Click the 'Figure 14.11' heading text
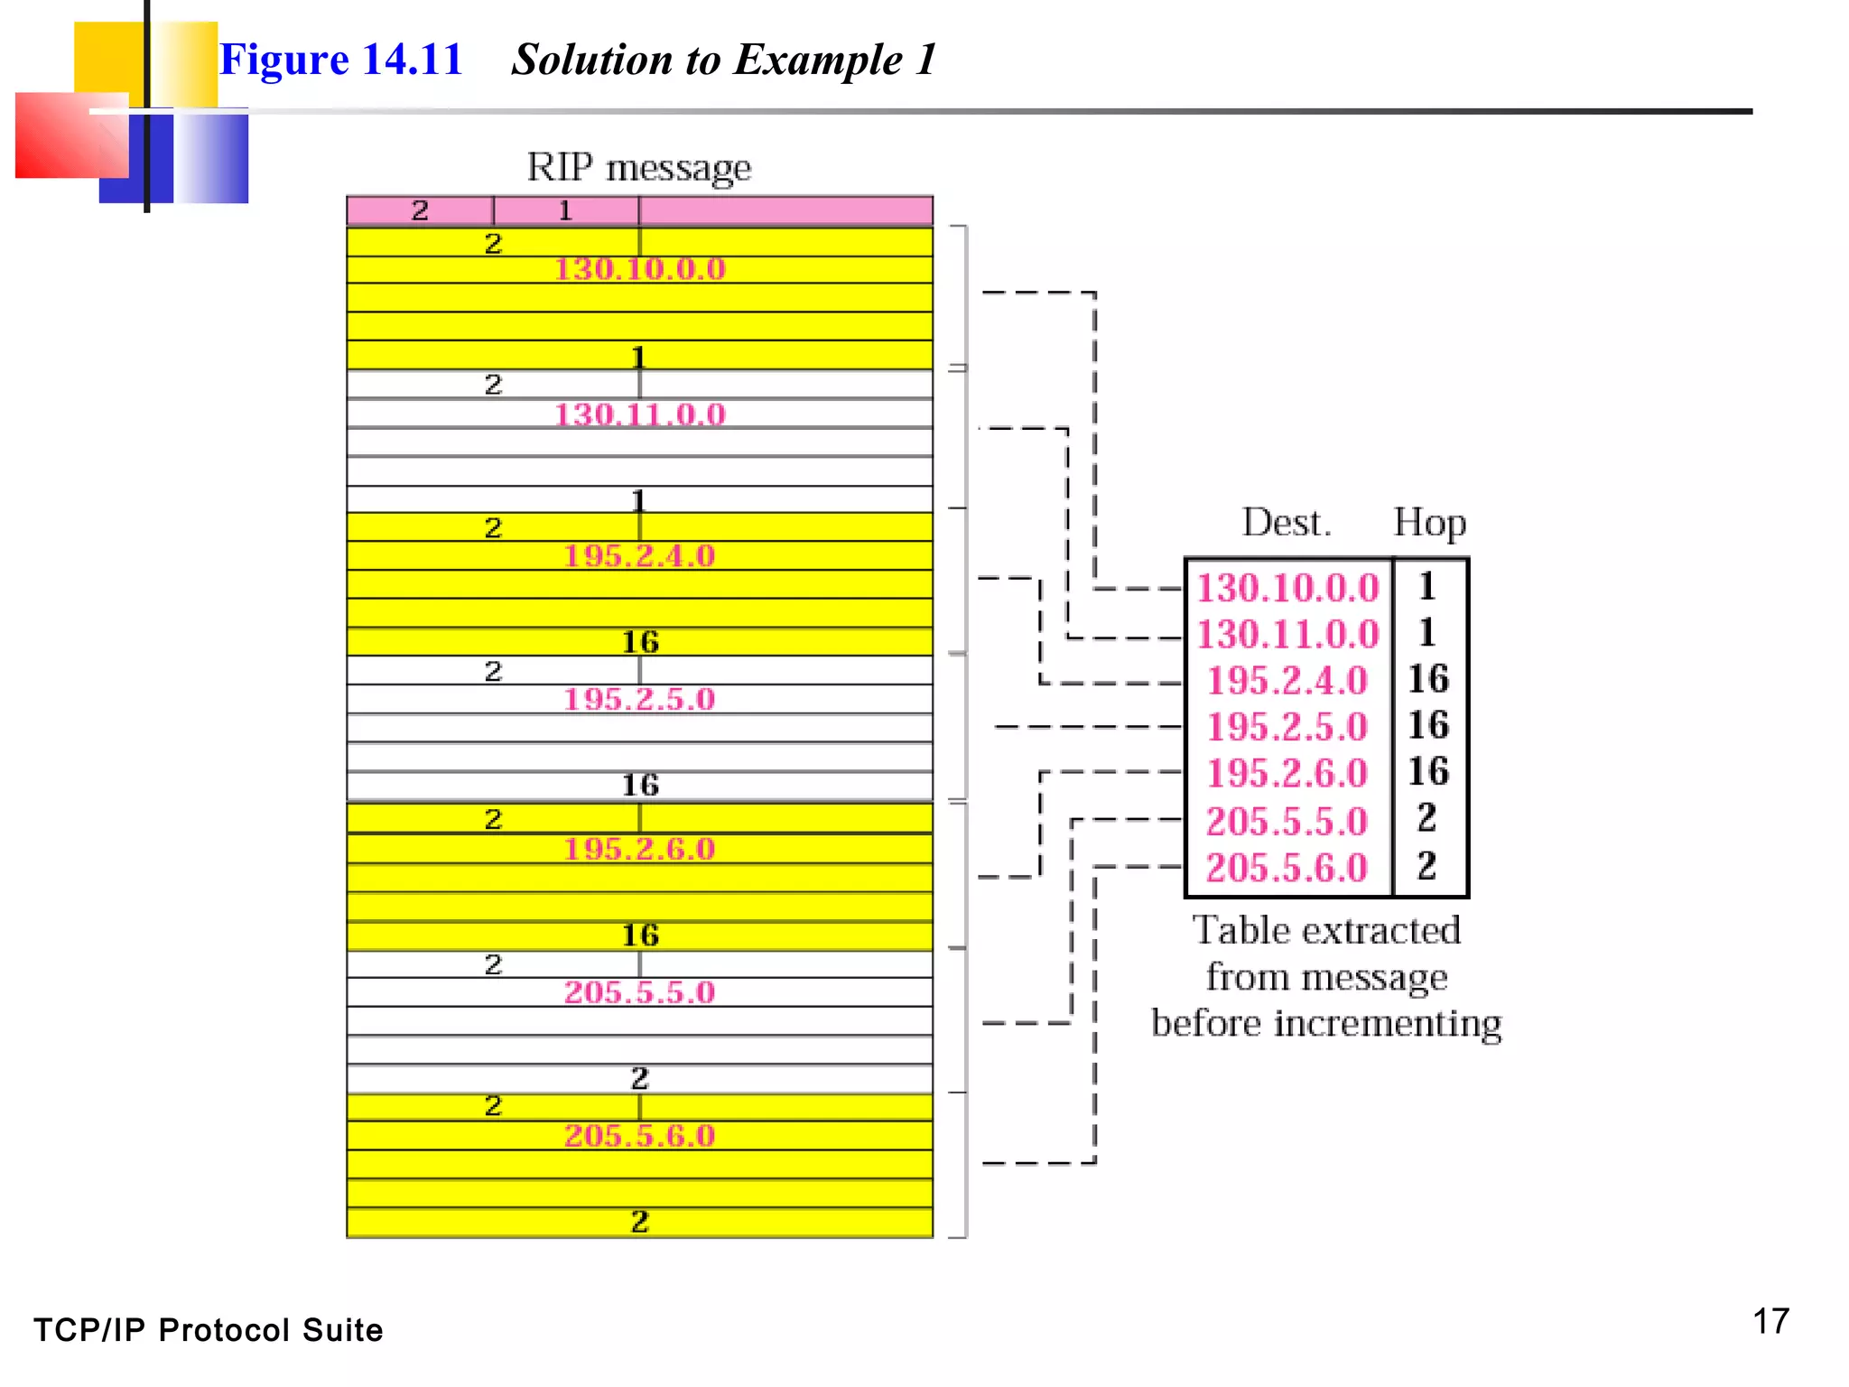point(340,60)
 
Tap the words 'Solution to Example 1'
point(723,60)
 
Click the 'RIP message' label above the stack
point(638,167)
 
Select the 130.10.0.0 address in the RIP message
point(639,269)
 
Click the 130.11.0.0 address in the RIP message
point(639,414)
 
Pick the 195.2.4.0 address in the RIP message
point(639,555)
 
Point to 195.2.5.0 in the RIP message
point(639,699)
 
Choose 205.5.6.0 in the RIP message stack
point(639,1135)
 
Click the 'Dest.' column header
point(1286,522)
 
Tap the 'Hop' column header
point(1429,522)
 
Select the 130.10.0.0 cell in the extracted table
point(1287,588)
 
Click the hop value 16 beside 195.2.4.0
point(1428,679)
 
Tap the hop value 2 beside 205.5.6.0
point(1426,866)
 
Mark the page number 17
point(1770,1321)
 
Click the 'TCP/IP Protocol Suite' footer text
point(209,1330)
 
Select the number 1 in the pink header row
point(565,210)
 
